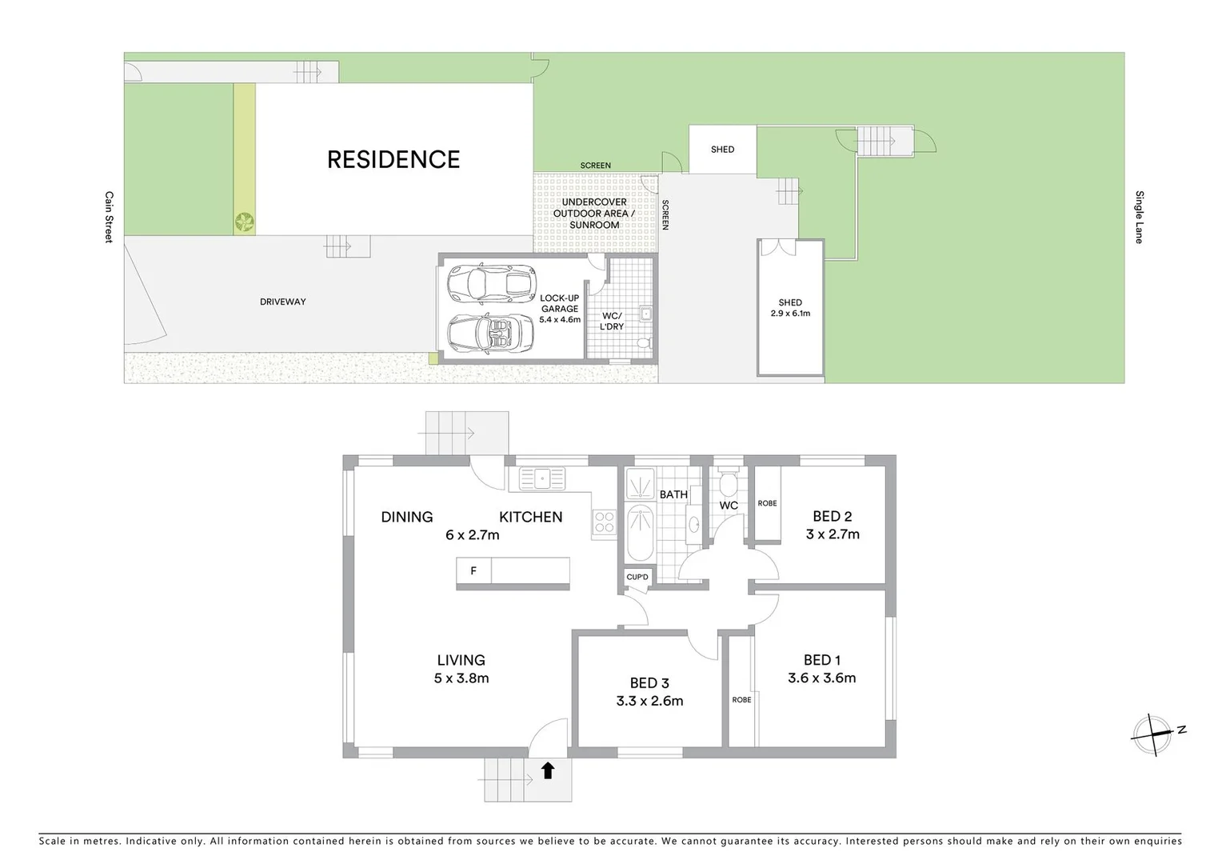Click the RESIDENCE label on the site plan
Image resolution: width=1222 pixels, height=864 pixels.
pyautogui.click(x=393, y=160)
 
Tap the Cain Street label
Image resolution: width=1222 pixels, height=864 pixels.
pyautogui.click(x=110, y=217)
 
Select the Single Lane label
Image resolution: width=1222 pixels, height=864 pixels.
pyautogui.click(x=1139, y=217)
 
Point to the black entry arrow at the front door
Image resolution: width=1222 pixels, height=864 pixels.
pyautogui.click(x=548, y=770)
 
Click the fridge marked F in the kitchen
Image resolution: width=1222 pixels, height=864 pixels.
pyautogui.click(x=473, y=571)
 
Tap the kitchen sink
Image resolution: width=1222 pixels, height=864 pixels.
pyautogui.click(x=541, y=478)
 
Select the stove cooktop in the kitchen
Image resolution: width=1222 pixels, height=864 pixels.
pyautogui.click(x=604, y=522)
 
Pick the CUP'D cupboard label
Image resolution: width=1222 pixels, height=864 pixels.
pyautogui.click(x=637, y=577)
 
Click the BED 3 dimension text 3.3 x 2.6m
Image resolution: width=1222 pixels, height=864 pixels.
pyautogui.click(x=649, y=701)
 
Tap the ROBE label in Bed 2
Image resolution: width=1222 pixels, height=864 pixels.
pyautogui.click(x=767, y=503)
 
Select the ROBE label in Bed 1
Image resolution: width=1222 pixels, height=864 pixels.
pyautogui.click(x=741, y=700)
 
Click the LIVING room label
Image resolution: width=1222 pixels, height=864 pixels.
pyautogui.click(x=461, y=660)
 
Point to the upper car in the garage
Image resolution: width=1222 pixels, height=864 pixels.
pyautogui.click(x=490, y=283)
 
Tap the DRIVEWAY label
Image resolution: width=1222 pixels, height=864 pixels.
pyautogui.click(x=282, y=302)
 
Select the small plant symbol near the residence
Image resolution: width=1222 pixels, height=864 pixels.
pyautogui.click(x=244, y=221)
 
